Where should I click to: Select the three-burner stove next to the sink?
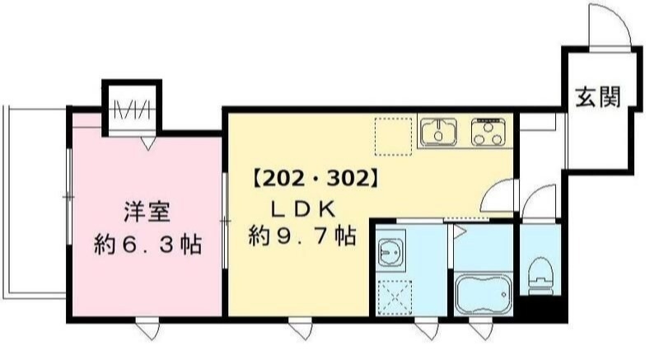pos(488,131)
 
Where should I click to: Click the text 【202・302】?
pos(315,176)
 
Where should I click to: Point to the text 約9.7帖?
pos(302,237)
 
